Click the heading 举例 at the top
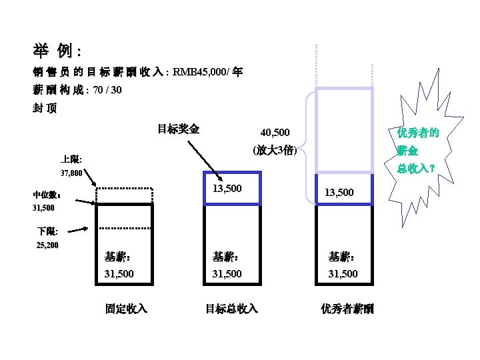tap(56, 51)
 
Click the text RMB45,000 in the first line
tap(199, 72)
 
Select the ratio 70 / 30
tap(107, 90)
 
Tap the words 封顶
tap(45, 109)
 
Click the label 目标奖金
tap(178, 129)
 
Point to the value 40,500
tap(274, 133)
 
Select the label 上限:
tap(71, 159)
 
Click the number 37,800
tap(71, 174)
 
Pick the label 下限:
tap(48, 232)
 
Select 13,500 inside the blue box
tap(227, 189)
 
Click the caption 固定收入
tap(126, 309)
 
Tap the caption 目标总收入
tap(231, 309)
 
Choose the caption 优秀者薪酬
tap(347, 309)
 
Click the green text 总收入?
tap(417, 168)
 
